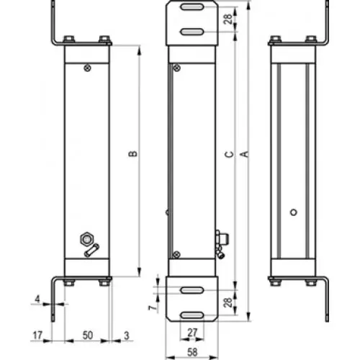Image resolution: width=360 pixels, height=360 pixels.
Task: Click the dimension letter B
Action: (x=133, y=153)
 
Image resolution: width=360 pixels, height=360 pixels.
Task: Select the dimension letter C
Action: (x=230, y=154)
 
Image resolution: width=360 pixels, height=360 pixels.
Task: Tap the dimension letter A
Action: (x=244, y=154)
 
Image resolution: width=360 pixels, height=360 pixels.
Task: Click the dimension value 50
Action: (x=88, y=336)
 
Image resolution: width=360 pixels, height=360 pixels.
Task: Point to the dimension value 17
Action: (x=37, y=336)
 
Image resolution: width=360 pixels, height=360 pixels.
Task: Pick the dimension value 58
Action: (x=192, y=352)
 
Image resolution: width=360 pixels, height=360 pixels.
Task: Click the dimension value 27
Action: (x=192, y=333)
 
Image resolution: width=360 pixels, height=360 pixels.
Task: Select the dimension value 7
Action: (x=153, y=308)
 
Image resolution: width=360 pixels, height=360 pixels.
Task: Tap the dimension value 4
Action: (x=37, y=299)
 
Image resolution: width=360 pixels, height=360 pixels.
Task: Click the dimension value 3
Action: (x=127, y=336)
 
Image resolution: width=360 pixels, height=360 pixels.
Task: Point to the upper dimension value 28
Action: (x=228, y=19)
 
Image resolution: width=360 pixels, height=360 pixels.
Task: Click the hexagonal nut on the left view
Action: (x=87, y=239)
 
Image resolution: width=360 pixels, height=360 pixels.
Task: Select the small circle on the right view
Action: (x=294, y=212)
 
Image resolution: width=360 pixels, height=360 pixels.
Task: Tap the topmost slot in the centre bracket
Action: (x=192, y=7)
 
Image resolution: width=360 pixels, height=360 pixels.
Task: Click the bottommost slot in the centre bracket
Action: (x=192, y=315)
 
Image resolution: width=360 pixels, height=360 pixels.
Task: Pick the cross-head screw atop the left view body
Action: (x=88, y=68)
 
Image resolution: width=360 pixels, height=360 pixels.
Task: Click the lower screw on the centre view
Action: (x=176, y=254)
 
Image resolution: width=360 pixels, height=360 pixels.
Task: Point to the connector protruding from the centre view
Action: (x=222, y=243)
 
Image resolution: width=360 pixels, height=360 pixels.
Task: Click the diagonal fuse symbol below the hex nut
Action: (x=91, y=250)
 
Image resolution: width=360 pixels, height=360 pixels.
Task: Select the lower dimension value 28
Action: (x=228, y=302)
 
